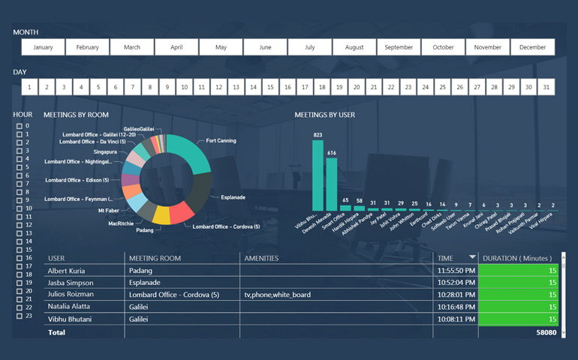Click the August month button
[x=354, y=47]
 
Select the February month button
[x=87, y=47]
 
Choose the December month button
[x=532, y=47]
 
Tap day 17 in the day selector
[x=304, y=87]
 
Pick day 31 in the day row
[x=546, y=87]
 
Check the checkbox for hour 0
[x=20, y=126]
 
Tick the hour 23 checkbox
[x=20, y=316]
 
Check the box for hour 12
[x=20, y=225]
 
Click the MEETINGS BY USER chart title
[x=325, y=115]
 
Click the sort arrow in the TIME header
[x=472, y=257]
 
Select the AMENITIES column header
[x=261, y=258]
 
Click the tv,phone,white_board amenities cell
[x=278, y=295]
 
